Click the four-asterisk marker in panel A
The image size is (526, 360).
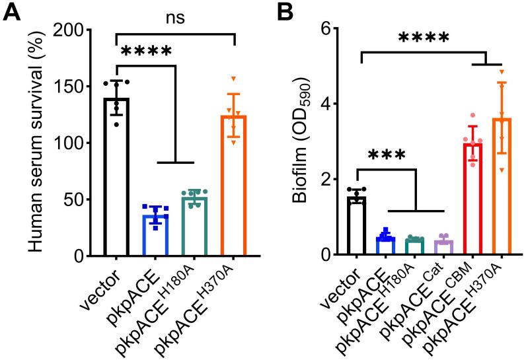tap(144, 52)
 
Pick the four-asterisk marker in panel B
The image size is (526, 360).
tap(423, 36)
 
